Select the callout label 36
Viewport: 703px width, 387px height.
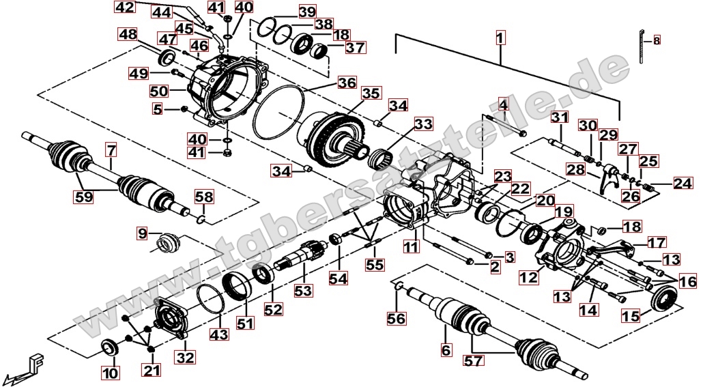click(x=347, y=83)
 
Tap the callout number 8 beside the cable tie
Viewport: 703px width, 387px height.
click(x=657, y=40)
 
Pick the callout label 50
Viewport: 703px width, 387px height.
click(x=158, y=91)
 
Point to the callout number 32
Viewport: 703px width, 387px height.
click(x=185, y=356)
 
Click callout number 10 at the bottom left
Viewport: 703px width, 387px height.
click(x=109, y=373)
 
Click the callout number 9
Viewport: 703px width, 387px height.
click(x=142, y=233)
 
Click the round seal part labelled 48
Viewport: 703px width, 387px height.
click(x=167, y=58)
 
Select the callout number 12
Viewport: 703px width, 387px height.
click(x=528, y=277)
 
